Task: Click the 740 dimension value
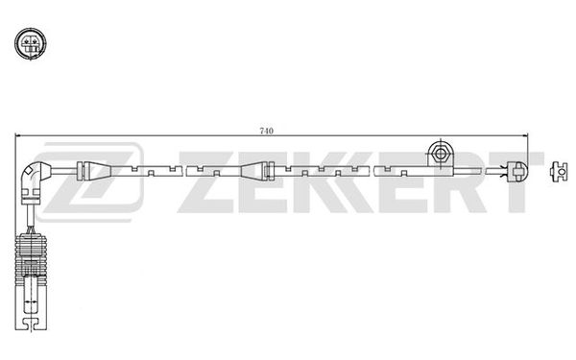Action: [266, 131]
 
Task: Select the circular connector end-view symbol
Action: [31, 43]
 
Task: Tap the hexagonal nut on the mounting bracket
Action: [440, 154]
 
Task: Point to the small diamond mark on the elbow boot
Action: [28, 171]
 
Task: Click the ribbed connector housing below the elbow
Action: [31, 260]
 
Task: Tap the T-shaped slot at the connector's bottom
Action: [31, 324]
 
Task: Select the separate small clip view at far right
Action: [559, 171]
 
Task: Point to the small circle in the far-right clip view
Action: [561, 172]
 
